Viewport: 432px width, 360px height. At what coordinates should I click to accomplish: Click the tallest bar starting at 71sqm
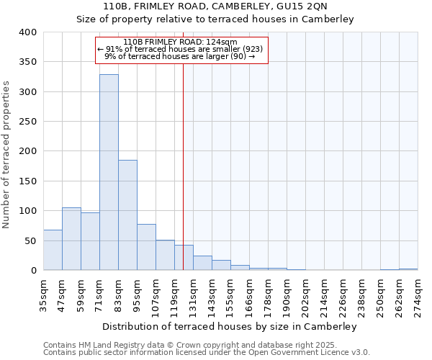coord(109,173)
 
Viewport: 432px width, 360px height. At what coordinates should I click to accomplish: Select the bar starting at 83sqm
coord(127,215)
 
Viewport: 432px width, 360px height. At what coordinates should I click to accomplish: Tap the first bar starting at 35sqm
coord(53,250)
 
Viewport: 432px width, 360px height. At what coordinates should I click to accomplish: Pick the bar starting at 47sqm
coord(71,239)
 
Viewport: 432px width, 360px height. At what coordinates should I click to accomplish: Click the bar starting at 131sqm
coord(202,263)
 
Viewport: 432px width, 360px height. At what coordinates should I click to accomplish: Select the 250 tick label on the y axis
coord(27,122)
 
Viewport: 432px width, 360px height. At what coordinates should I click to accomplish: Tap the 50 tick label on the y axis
coord(30,240)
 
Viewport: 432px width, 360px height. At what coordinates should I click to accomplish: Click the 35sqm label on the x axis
coord(44,292)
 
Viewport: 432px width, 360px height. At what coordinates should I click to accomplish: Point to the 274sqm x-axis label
coord(418,292)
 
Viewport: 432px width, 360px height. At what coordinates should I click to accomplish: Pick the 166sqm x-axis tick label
coord(250,292)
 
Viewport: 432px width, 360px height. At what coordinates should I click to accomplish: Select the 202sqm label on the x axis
coord(306,292)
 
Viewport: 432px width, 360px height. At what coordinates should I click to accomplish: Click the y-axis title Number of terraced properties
coord(6,155)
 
